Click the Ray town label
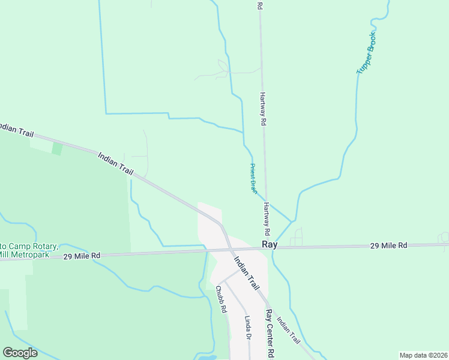[270, 245]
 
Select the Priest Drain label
[253, 178]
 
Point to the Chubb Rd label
[220, 299]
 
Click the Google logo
[20, 352]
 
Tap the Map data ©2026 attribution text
[424, 355]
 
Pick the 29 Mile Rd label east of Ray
[388, 245]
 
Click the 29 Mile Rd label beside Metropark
[82, 256]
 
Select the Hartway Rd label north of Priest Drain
[262, 108]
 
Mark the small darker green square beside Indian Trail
[57, 148]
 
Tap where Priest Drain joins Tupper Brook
[292, 221]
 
